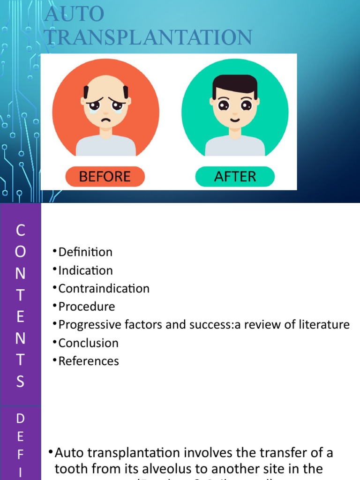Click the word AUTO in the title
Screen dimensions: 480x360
[x=75, y=14]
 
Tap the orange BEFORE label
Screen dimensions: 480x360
[x=105, y=177]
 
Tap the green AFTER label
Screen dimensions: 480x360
[x=235, y=177]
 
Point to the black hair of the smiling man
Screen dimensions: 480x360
[x=235, y=84]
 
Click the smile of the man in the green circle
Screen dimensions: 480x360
[x=235, y=120]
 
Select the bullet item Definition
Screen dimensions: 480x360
[x=85, y=252]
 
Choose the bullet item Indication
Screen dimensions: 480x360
[x=85, y=270]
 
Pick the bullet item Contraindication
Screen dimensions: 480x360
[x=104, y=289]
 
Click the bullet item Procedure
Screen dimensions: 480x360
[x=86, y=307]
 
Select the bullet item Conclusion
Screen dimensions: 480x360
[x=88, y=343]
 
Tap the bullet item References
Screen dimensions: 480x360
[x=89, y=361]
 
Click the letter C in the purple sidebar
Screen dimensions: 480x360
[x=20, y=230]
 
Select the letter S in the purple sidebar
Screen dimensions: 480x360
[x=20, y=382]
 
